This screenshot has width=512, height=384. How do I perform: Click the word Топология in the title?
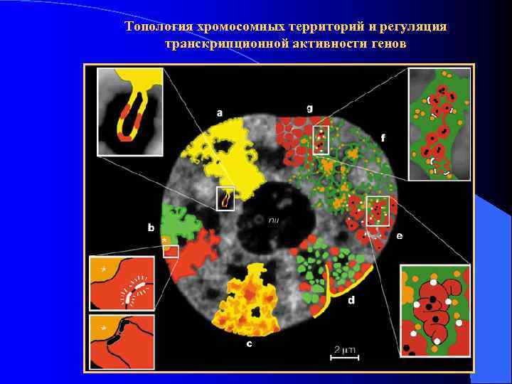tap(157, 27)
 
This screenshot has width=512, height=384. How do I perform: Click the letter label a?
tap(220, 112)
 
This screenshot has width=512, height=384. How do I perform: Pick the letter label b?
tap(151, 228)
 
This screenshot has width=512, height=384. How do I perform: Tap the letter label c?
tap(249, 344)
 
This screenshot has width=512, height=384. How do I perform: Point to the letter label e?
tap(399, 235)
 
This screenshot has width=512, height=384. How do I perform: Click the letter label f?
tap(383, 137)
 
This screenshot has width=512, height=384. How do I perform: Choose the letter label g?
tap(309, 108)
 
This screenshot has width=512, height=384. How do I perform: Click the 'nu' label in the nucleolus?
tap(273, 220)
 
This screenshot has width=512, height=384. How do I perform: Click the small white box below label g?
tap(321, 140)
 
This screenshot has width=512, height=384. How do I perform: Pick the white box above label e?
tap(377, 210)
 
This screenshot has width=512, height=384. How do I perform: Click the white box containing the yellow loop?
tap(225, 198)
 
